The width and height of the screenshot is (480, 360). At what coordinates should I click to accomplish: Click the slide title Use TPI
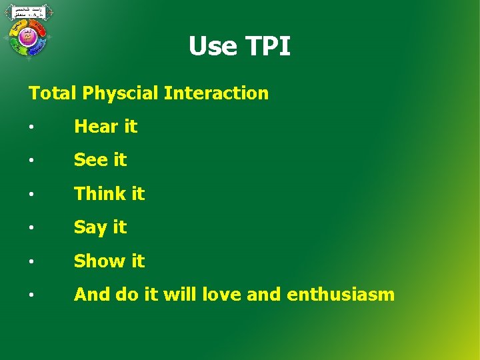tap(239, 47)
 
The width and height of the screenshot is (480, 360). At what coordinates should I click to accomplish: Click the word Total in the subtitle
tap(53, 93)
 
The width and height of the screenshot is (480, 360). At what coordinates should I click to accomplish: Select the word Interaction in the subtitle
tap(216, 93)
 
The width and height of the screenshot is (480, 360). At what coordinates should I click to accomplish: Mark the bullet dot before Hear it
tap(32, 127)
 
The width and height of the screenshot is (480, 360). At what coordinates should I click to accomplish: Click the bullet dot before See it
tap(32, 161)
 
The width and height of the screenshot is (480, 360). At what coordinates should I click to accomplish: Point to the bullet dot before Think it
tap(32, 194)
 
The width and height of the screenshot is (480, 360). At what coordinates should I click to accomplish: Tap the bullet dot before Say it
tap(32, 228)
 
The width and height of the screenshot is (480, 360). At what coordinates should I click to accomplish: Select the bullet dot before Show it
tap(32, 261)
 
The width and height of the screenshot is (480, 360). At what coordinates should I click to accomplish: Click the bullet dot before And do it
tap(32, 295)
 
